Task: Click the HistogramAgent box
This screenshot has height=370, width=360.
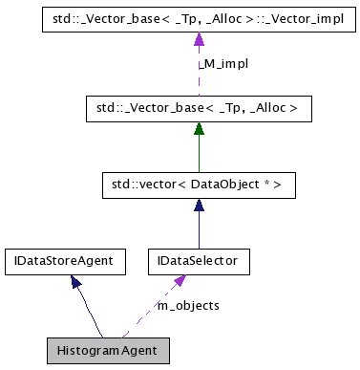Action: [x=108, y=350]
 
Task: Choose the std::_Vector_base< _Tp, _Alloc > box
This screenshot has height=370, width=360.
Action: [x=199, y=109]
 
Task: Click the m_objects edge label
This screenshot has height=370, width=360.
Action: [x=188, y=305]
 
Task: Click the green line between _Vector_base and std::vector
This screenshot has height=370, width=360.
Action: [x=199, y=153]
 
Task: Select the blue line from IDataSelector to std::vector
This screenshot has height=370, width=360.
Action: [x=199, y=229]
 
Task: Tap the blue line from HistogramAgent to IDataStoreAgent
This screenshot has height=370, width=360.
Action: [x=91, y=311]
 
